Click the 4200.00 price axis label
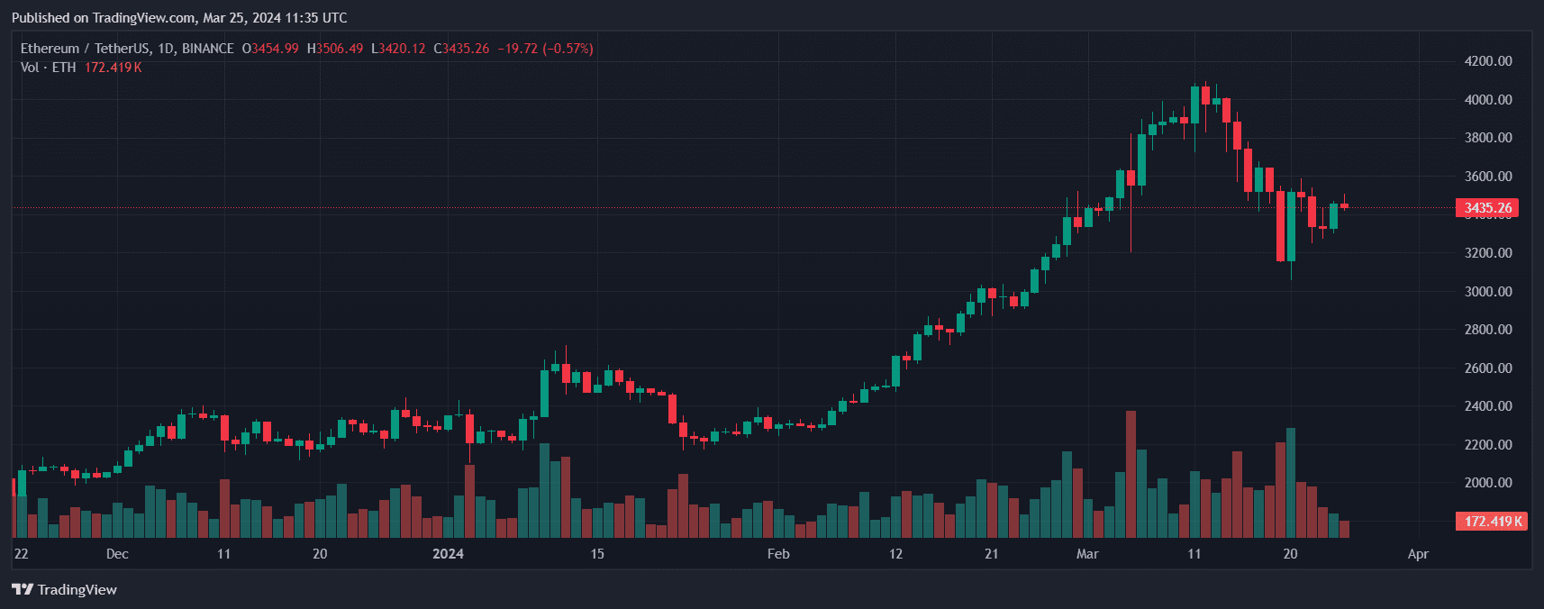[1487, 61]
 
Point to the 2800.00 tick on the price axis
[1487, 330]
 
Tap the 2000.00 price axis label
[1487, 483]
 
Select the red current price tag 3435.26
[1487, 208]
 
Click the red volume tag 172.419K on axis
[1492, 522]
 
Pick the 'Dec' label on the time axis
[117, 554]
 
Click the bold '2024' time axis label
[448, 554]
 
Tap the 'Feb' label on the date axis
[778, 554]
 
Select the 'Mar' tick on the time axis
[1087, 554]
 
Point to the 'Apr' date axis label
[1418, 554]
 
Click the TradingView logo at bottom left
[65, 589]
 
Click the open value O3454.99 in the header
[270, 49]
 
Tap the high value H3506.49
[335, 49]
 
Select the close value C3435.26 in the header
[461, 49]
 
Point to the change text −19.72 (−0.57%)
[546, 49]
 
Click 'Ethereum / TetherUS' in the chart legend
[86, 49]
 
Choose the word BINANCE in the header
[208, 49]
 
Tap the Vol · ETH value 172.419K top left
[114, 68]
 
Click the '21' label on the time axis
[991, 554]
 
